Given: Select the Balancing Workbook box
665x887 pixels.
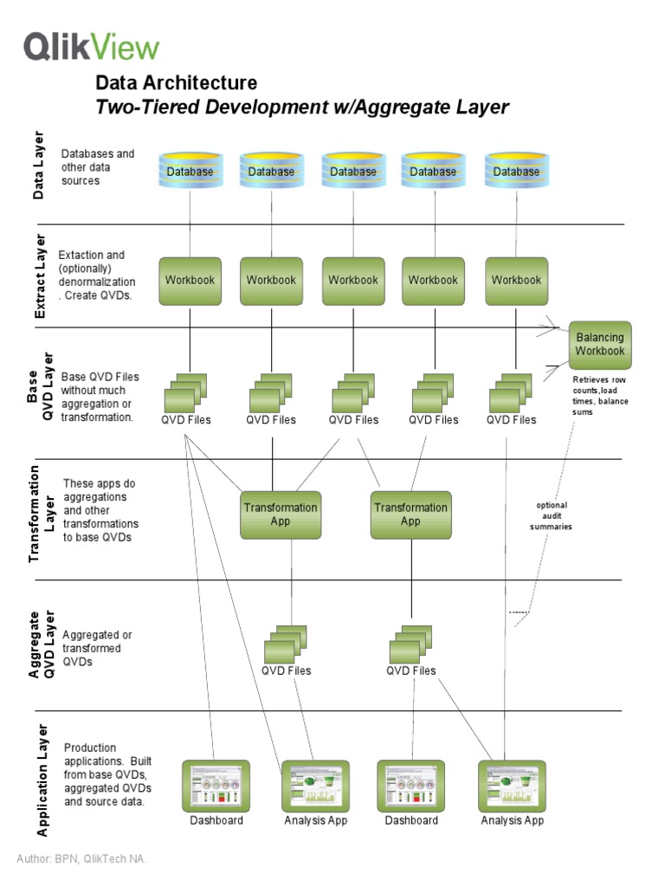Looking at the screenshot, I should point(599,344).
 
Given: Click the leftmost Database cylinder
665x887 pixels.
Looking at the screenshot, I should point(190,172).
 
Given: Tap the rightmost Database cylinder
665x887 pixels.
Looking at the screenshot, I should point(515,172).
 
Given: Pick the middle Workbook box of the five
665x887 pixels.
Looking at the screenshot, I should point(352,281).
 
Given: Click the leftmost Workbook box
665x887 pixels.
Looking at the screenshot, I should point(190,281).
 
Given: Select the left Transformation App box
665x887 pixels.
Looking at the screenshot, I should point(280,515).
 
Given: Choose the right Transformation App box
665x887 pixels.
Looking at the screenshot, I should point(410,515).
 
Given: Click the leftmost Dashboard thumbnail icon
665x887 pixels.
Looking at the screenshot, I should point(216,786).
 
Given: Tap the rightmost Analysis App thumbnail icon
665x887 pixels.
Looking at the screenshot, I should point(512,786).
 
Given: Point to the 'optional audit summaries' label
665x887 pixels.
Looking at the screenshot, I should point(552,515).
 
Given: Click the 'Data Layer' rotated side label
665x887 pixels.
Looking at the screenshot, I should point(39,166).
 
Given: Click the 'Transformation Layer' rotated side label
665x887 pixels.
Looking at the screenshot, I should point(42,514).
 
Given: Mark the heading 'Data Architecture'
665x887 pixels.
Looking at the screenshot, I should point(176,83).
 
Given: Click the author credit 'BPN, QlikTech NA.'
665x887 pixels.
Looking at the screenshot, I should point(82,858).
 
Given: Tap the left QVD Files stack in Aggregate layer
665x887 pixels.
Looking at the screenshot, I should point(286,643).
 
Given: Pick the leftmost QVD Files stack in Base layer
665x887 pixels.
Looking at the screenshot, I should point(187,392).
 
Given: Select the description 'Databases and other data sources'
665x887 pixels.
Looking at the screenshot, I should point(97,167).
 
